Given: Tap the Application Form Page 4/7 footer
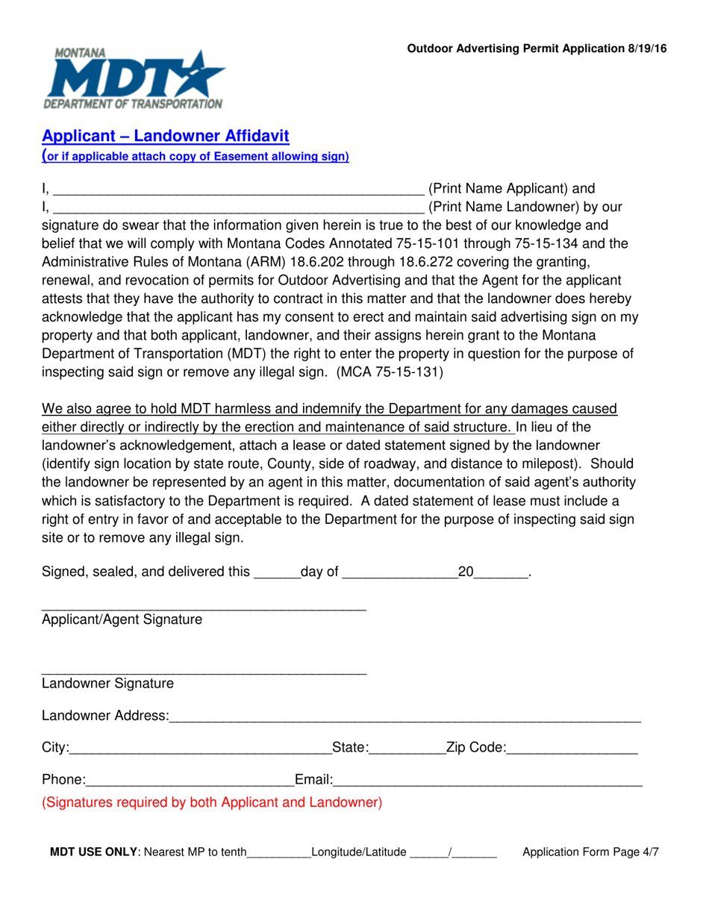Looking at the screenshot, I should pos(590,852).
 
